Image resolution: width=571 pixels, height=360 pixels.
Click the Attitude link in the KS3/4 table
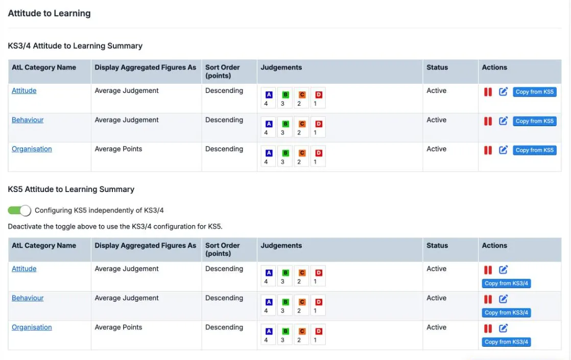coord(24,90)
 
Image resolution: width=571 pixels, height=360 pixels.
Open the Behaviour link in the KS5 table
coord(28,298)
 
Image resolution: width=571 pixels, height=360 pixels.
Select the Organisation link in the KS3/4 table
coord(32,149)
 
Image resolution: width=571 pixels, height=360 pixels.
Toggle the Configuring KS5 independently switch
coord(19,210)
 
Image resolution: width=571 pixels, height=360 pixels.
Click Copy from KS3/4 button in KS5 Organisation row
coord(506,342)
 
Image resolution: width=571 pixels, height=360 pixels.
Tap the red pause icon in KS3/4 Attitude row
coord(488,92)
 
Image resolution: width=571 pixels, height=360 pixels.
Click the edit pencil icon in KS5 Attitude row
coord(503,270)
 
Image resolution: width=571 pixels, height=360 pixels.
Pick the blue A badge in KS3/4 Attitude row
coord(269,94)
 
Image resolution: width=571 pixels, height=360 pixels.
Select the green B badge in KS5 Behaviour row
coord(285,302)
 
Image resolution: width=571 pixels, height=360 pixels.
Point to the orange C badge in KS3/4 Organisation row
coord(302,153)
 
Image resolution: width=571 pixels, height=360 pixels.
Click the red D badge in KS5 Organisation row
coord(319,331)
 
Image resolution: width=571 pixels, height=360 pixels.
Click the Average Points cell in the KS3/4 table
coord(118,149)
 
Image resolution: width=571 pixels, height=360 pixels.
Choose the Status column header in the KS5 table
coord(437,245)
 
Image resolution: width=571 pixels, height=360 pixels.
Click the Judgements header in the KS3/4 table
coord(281,67)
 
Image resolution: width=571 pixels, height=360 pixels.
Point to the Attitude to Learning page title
coord(49,13)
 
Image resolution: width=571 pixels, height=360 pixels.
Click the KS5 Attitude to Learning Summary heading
coord(71,189)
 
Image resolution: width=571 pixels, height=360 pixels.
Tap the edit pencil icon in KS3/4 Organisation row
coord(503,150)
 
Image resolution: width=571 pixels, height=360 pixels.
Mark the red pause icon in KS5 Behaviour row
coord(488,299)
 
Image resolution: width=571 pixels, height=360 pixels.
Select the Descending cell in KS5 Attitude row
coord(224,269)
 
